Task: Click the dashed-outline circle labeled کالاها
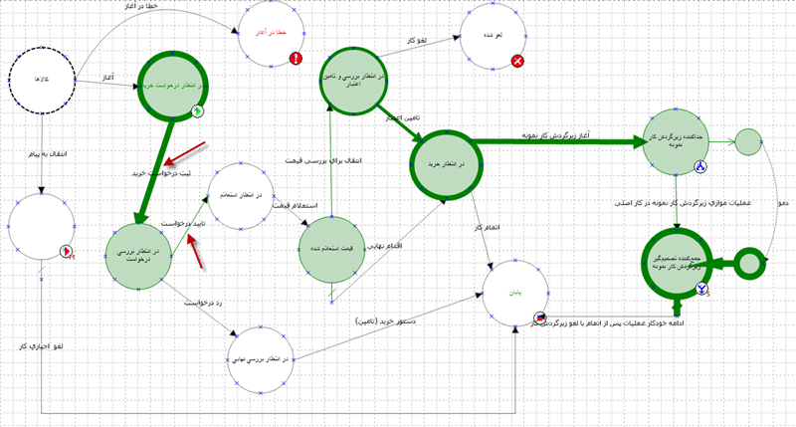pos(43,77)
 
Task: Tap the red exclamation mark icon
pos(296,59)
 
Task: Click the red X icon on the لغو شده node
pos(517,62)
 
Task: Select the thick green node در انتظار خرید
pos(447,164)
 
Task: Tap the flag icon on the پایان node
pos(539,317)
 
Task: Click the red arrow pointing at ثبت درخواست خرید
pos(185,153)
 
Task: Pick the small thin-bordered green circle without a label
pos(748,142)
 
